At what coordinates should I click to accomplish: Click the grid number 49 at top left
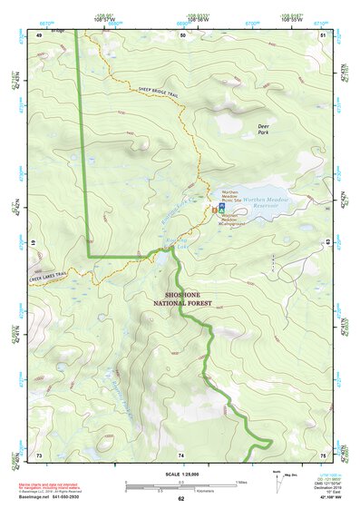[38, 34]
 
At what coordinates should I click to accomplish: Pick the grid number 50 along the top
[182, 34]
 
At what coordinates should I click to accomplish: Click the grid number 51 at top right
[324, 34]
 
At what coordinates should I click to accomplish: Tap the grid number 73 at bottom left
[39, 454]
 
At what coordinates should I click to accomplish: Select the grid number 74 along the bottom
[182, 454]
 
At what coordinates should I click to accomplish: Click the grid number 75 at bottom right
[324, 454]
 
